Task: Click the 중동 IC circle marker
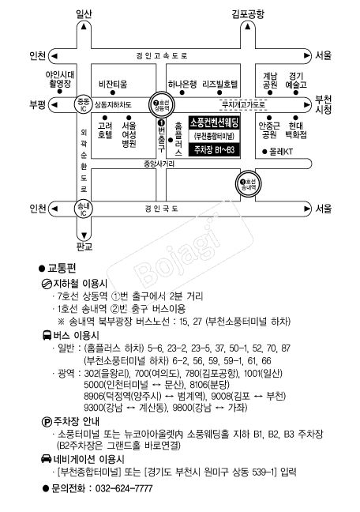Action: point(83,105)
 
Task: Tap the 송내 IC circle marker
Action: point(84,209)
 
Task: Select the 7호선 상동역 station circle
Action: point(162,104)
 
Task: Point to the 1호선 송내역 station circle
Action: point(249,183)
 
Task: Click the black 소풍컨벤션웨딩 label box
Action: point(214,122)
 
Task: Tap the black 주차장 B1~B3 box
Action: point(214,151)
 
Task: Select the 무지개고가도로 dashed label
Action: point(243,105)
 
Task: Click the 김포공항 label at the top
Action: point(248,14)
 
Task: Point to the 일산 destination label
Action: point(84,14)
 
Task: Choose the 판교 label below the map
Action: point(84,247)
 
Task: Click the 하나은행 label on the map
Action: point(182,85)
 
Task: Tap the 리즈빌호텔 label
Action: point(220,85)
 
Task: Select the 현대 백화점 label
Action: point(296,130)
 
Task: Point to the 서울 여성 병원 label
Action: point(129,134)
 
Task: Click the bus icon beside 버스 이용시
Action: point(47,335)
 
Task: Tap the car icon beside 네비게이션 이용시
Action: point(46,459)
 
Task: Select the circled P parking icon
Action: point(47,422)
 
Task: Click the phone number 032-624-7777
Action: point(124,488)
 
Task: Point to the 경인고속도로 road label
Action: point(162,56)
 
